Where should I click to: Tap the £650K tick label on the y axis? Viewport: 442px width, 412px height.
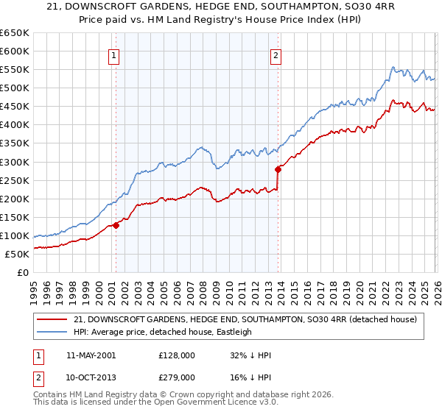pyautogui.click(x=15, y=33)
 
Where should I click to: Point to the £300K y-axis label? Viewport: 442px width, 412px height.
pyautogui.click(x=15, y=162)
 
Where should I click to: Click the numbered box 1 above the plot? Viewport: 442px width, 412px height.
pyautogui.click(x=115, y=54)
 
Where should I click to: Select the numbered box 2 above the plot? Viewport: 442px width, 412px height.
pyautogui.click(x=276, y=54)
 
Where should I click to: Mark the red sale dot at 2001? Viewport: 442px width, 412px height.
pyautogui.click(x=116, y=225)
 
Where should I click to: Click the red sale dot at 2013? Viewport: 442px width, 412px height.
pyautogui.click(x=278, y=169)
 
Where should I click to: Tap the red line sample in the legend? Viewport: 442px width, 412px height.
pyautogui.click(x=54, y=319)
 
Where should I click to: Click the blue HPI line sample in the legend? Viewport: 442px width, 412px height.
pyautogui.click(x=54, y=332)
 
